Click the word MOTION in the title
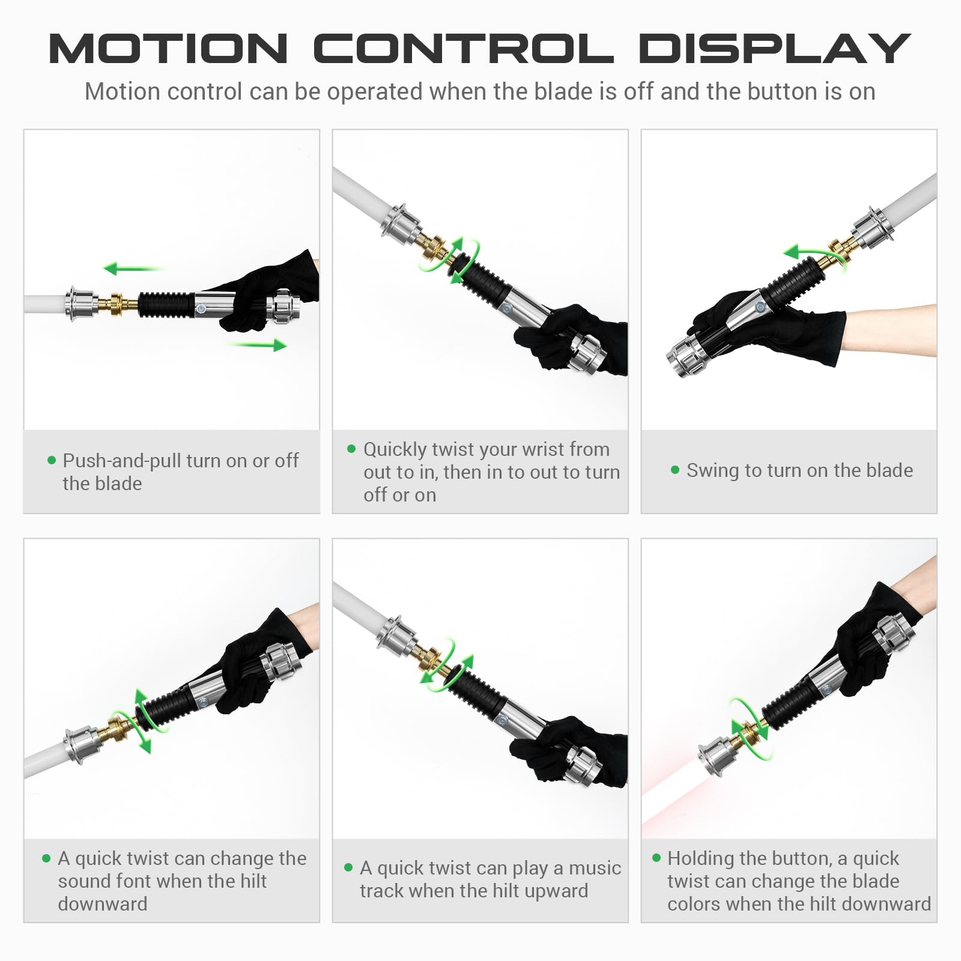click(168, 49)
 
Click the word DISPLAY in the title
click(775, 49)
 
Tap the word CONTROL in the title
click(464, 49)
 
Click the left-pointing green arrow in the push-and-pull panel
click(133, 268)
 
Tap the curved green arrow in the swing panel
click(814, 255)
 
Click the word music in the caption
click(595, 868)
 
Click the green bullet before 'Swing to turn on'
click(675, 470)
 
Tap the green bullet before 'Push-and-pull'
click(51, 461)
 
